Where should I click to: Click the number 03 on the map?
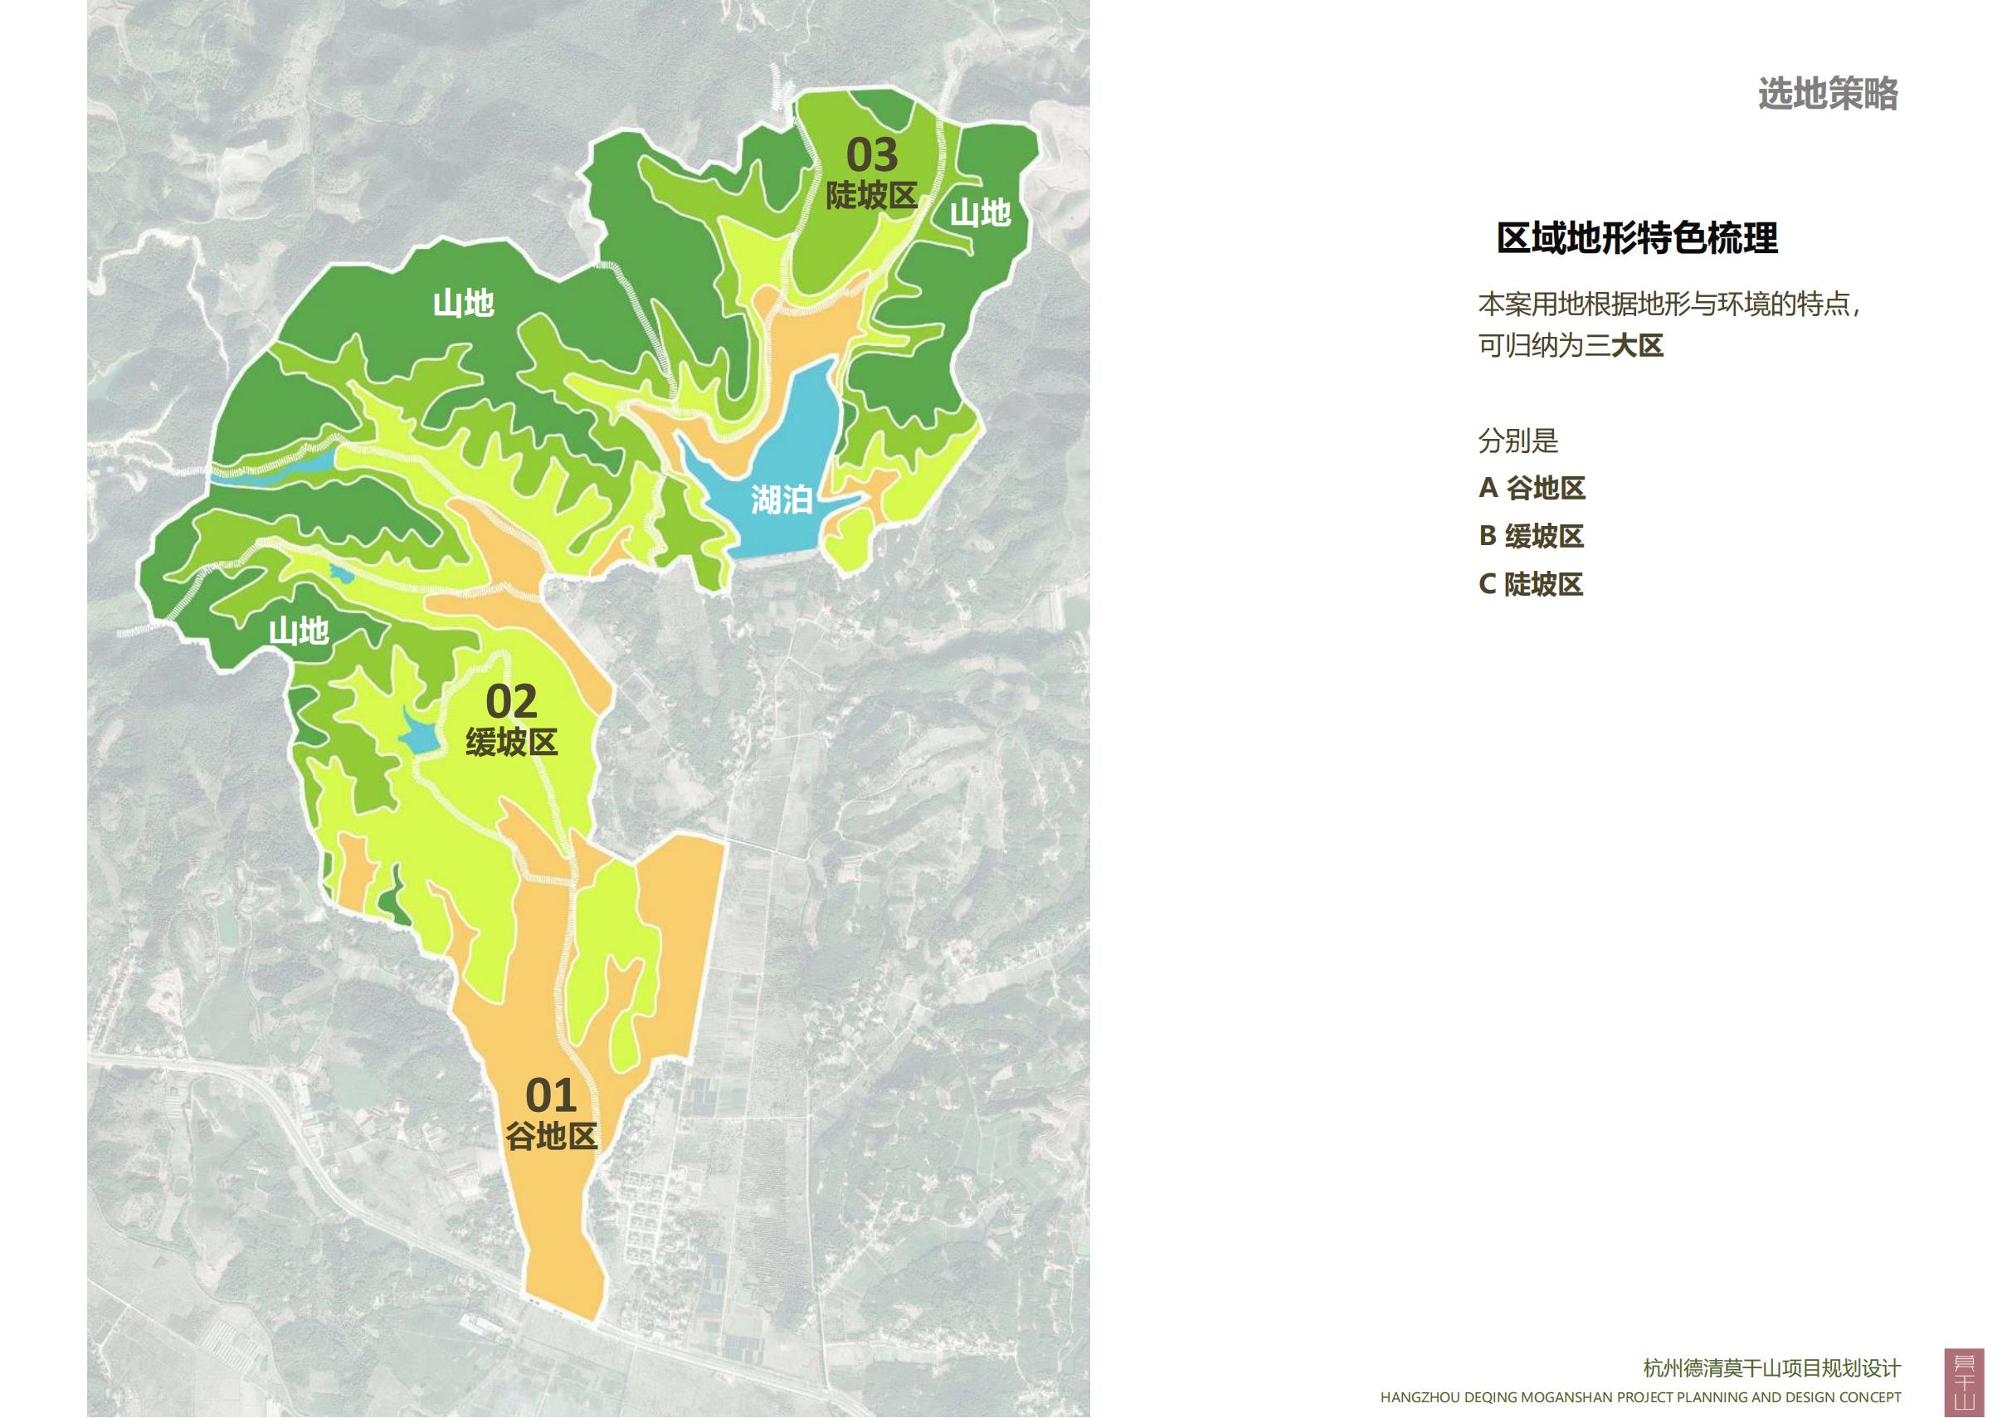pyautogui.click(x=871, y=156)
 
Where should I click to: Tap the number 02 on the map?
pyautogui.click(x=511, y=702)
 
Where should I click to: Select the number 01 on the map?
pyautogui.click(x=551, y=1095)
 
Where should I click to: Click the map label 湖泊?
pyautogui.click(x=782, y=500)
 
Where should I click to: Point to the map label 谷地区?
pyautogui.click(x=551, y=1137)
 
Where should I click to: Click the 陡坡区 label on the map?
pyautogui.click(x=871, y=196)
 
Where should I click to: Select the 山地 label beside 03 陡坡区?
pyautogui.click(x=980, y=212)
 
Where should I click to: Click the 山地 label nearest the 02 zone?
pyautogui.click(x=298, y=631)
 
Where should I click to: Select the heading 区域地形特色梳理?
pyautogui.click(x=1636, y=239)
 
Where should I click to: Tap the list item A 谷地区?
pyautogui.click(x=1532, y=488)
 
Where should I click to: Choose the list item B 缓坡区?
pyautogui.click(x=1531, y=536)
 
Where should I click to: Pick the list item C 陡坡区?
pyautogui.click(x=1531, y=584)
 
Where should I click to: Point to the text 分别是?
pyautogui.click(x=1517, y=441)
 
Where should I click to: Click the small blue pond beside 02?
pyautogui.click(x=417, y=733)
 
